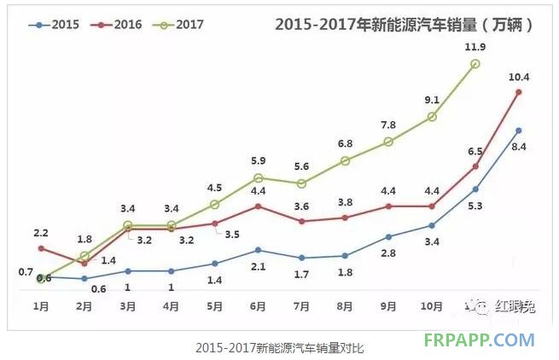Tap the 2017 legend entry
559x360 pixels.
(178, 25)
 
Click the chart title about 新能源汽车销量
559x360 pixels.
(405, 25)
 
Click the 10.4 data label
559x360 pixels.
(520, 76)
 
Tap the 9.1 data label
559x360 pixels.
(432, 99)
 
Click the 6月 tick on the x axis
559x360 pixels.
(258, 305)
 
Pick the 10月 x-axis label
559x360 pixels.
(432, 305)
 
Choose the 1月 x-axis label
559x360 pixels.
(41, 305)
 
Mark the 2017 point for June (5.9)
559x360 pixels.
(258, 178)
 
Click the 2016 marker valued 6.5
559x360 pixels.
(475, 165)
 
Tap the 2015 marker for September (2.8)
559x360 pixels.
(388, 237)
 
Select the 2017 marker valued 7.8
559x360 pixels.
(388, 142)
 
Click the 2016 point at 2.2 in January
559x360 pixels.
(41, 248)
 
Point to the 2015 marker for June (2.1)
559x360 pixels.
(258, 250)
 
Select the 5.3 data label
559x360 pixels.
(475, 205)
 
